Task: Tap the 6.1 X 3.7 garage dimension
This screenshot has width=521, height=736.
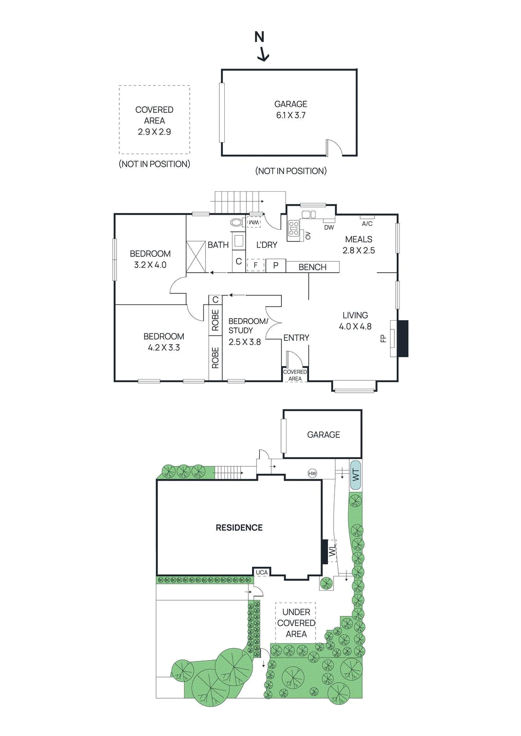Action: [x=291, y=115]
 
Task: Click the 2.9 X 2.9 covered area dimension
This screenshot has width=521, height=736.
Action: [x=154, y=132]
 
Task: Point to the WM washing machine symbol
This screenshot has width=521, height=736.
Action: [x=254, y=223]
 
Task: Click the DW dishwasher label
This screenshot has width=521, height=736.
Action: [x=329, y=227]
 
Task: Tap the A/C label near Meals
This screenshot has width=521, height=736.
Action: [x=367, y=224]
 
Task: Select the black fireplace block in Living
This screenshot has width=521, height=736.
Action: [x=403, y=339]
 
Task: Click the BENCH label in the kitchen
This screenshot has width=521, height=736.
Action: [x=312, y=267]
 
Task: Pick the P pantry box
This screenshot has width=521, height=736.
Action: [x=275, y=265]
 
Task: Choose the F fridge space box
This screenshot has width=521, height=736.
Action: [x=256, y=265]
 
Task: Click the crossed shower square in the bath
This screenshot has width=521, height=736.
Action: [x=196, y=257]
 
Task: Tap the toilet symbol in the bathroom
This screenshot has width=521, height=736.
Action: [x=236, y=223]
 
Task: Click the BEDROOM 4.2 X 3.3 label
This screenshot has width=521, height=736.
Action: [x=164, y=342]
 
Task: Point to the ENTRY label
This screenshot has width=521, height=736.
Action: [x=296, y=338]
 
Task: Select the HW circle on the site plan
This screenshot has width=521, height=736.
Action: [x=312, y=473]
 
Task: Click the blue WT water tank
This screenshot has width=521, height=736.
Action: [x=355, y=475]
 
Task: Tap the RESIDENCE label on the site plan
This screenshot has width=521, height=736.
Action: [x=239, y=528]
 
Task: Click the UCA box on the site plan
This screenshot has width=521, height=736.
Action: [x=262, y=572]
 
